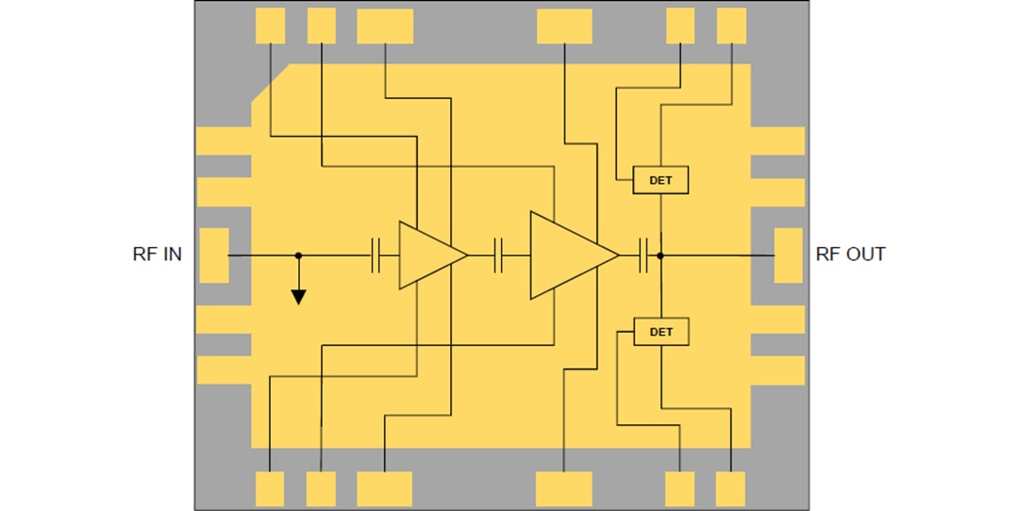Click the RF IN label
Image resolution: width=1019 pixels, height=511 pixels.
click(158, 255)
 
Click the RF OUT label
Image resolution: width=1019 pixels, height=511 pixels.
click(850, 255)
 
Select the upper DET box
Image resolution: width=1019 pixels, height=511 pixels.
click(660, 180)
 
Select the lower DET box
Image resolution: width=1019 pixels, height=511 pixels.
click(660, 332)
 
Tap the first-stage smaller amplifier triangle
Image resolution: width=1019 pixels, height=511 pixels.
click(427, 255)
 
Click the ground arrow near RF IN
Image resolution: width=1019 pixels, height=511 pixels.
click(298, 296)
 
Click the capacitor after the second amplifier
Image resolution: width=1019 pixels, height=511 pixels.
click(644, 255)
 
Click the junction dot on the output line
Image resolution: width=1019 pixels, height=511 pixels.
click(660, 255)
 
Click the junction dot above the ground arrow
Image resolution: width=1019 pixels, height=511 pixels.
click(298, 255)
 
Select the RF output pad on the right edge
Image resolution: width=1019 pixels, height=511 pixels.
click(788, 255)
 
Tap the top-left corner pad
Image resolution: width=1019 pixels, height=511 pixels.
click(270, 25)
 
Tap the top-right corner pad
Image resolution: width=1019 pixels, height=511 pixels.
click(731, 25)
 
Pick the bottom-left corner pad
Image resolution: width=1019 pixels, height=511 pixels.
click(270, 488)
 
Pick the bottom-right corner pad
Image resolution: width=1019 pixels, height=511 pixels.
click(730, 488)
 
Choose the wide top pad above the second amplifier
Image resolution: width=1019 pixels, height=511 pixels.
click(564, 25)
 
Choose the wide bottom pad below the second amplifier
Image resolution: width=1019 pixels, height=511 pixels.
click(563, 488)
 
